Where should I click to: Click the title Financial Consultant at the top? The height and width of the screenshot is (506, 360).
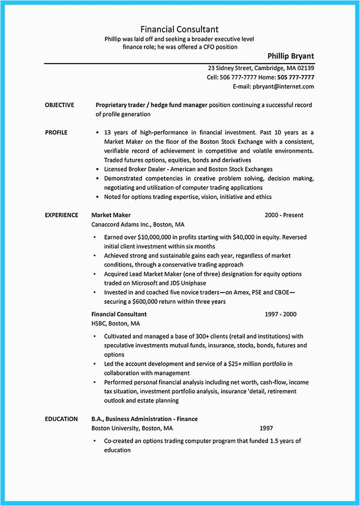click(179, 29)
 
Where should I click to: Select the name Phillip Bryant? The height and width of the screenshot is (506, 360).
click(290, 56)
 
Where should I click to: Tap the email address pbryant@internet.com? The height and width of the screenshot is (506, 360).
click(284, 86)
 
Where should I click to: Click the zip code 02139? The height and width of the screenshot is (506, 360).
click(305, 68)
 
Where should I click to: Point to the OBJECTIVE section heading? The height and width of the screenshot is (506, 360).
click(59, 105)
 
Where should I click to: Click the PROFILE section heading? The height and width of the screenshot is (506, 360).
click(56, 132)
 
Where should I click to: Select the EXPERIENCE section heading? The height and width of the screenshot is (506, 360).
click(61, 215)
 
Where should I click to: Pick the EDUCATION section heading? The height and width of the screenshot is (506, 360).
click(61, 419)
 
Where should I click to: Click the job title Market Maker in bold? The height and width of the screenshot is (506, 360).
click(111, 215)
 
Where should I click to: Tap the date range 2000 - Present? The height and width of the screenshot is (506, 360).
click(284, 215)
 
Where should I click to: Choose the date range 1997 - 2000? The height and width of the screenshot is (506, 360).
click(280, 314)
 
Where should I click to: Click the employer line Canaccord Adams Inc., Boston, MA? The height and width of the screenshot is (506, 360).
click(138, 224)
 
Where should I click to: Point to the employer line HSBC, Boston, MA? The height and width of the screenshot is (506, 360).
click(115, 323)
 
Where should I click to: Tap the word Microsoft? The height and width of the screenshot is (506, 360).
click(147, 283)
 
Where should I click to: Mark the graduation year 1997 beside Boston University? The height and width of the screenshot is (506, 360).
click(266, 428)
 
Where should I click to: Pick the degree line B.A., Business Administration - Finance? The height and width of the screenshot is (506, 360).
click(144, 419)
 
